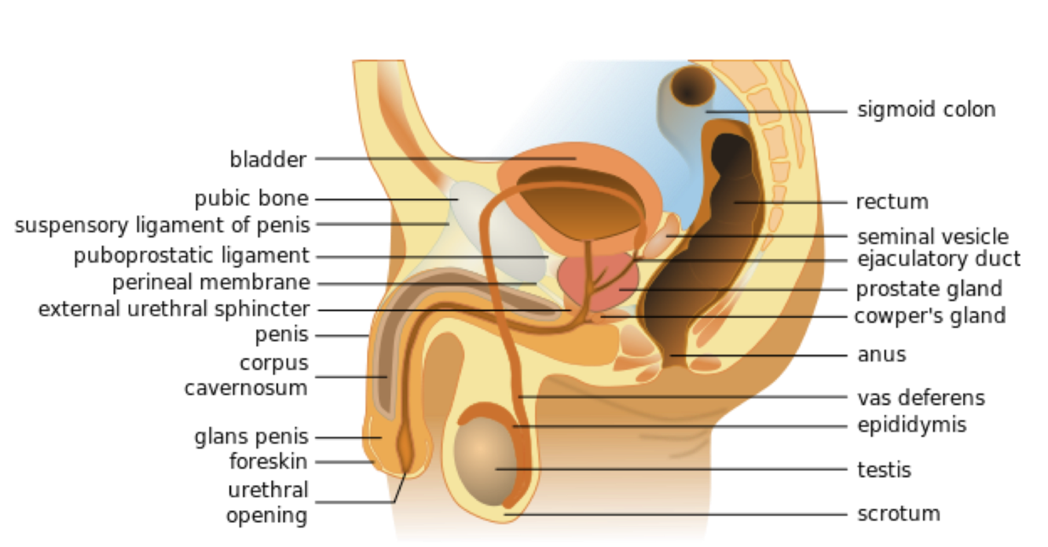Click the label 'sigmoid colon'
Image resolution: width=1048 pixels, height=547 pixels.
coord(926,109)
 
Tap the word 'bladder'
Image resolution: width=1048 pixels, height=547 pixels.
coord(268,159)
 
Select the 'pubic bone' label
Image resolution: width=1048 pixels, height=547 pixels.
coord(251,199)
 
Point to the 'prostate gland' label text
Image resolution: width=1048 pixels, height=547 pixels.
coord(929,289)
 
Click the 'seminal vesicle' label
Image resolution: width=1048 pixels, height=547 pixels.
coord(933,236)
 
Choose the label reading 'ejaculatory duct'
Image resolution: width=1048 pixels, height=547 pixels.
coord(939,258)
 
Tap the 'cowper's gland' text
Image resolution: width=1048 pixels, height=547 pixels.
coord(930,315)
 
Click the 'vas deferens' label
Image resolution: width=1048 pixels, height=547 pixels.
coord(921,397)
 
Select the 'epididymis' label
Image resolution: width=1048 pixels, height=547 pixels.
coord(911,425)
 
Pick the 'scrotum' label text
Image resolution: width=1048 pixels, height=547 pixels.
coord(899,514)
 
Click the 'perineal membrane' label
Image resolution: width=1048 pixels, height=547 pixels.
coord(211,282)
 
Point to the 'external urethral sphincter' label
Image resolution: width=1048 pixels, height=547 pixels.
coord(174,309)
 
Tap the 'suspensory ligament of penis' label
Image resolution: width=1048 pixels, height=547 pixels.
coord(163,225)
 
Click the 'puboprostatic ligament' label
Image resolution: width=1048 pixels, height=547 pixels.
coord(192,256)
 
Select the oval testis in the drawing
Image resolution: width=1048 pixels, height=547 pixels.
coord(484,459)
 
